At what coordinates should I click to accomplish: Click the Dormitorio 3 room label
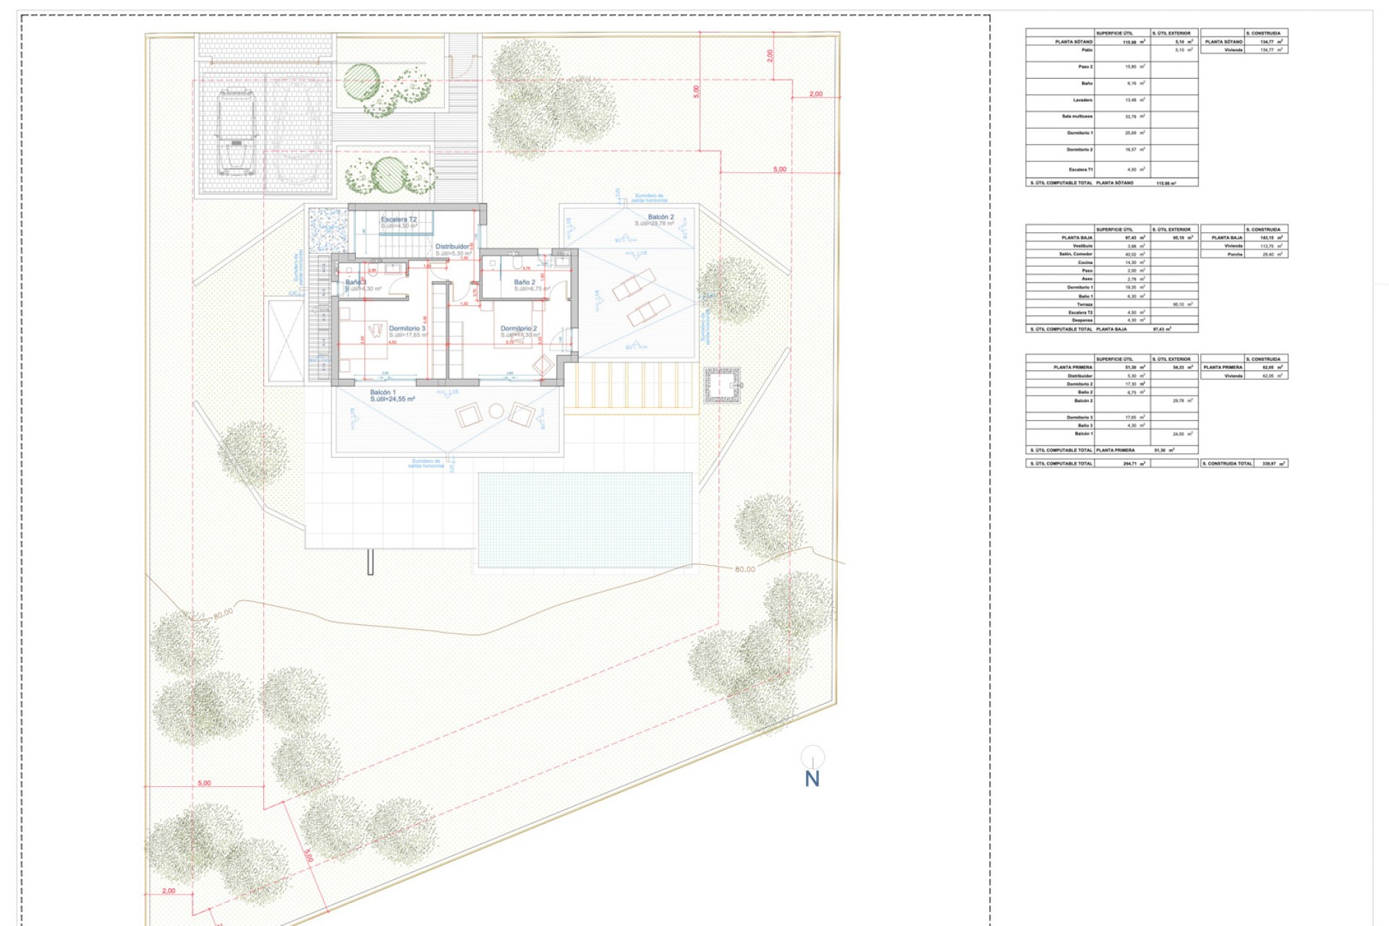tap(407, 328)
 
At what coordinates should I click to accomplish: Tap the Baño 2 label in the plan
tap(524, 282)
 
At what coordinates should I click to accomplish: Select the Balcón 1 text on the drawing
tap(383, 392)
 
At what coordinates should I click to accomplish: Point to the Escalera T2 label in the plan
tap(399, 219)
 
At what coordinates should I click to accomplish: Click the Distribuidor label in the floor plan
tap(452, 247)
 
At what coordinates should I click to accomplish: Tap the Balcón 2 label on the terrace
tap(660, 217)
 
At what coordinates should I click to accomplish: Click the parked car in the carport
tap(237, 131)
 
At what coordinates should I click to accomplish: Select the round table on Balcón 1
tap(496, 412)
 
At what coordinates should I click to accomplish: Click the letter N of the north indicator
tap(812, 779)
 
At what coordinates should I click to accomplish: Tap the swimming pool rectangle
tap(585, 519)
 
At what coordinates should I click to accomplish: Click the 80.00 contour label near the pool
tap(744, 569)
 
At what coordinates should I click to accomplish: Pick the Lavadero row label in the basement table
tap(1082, 100)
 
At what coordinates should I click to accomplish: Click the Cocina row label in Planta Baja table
tap(1084, 263)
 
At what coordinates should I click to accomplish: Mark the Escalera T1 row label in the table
tap(1080, 170)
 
